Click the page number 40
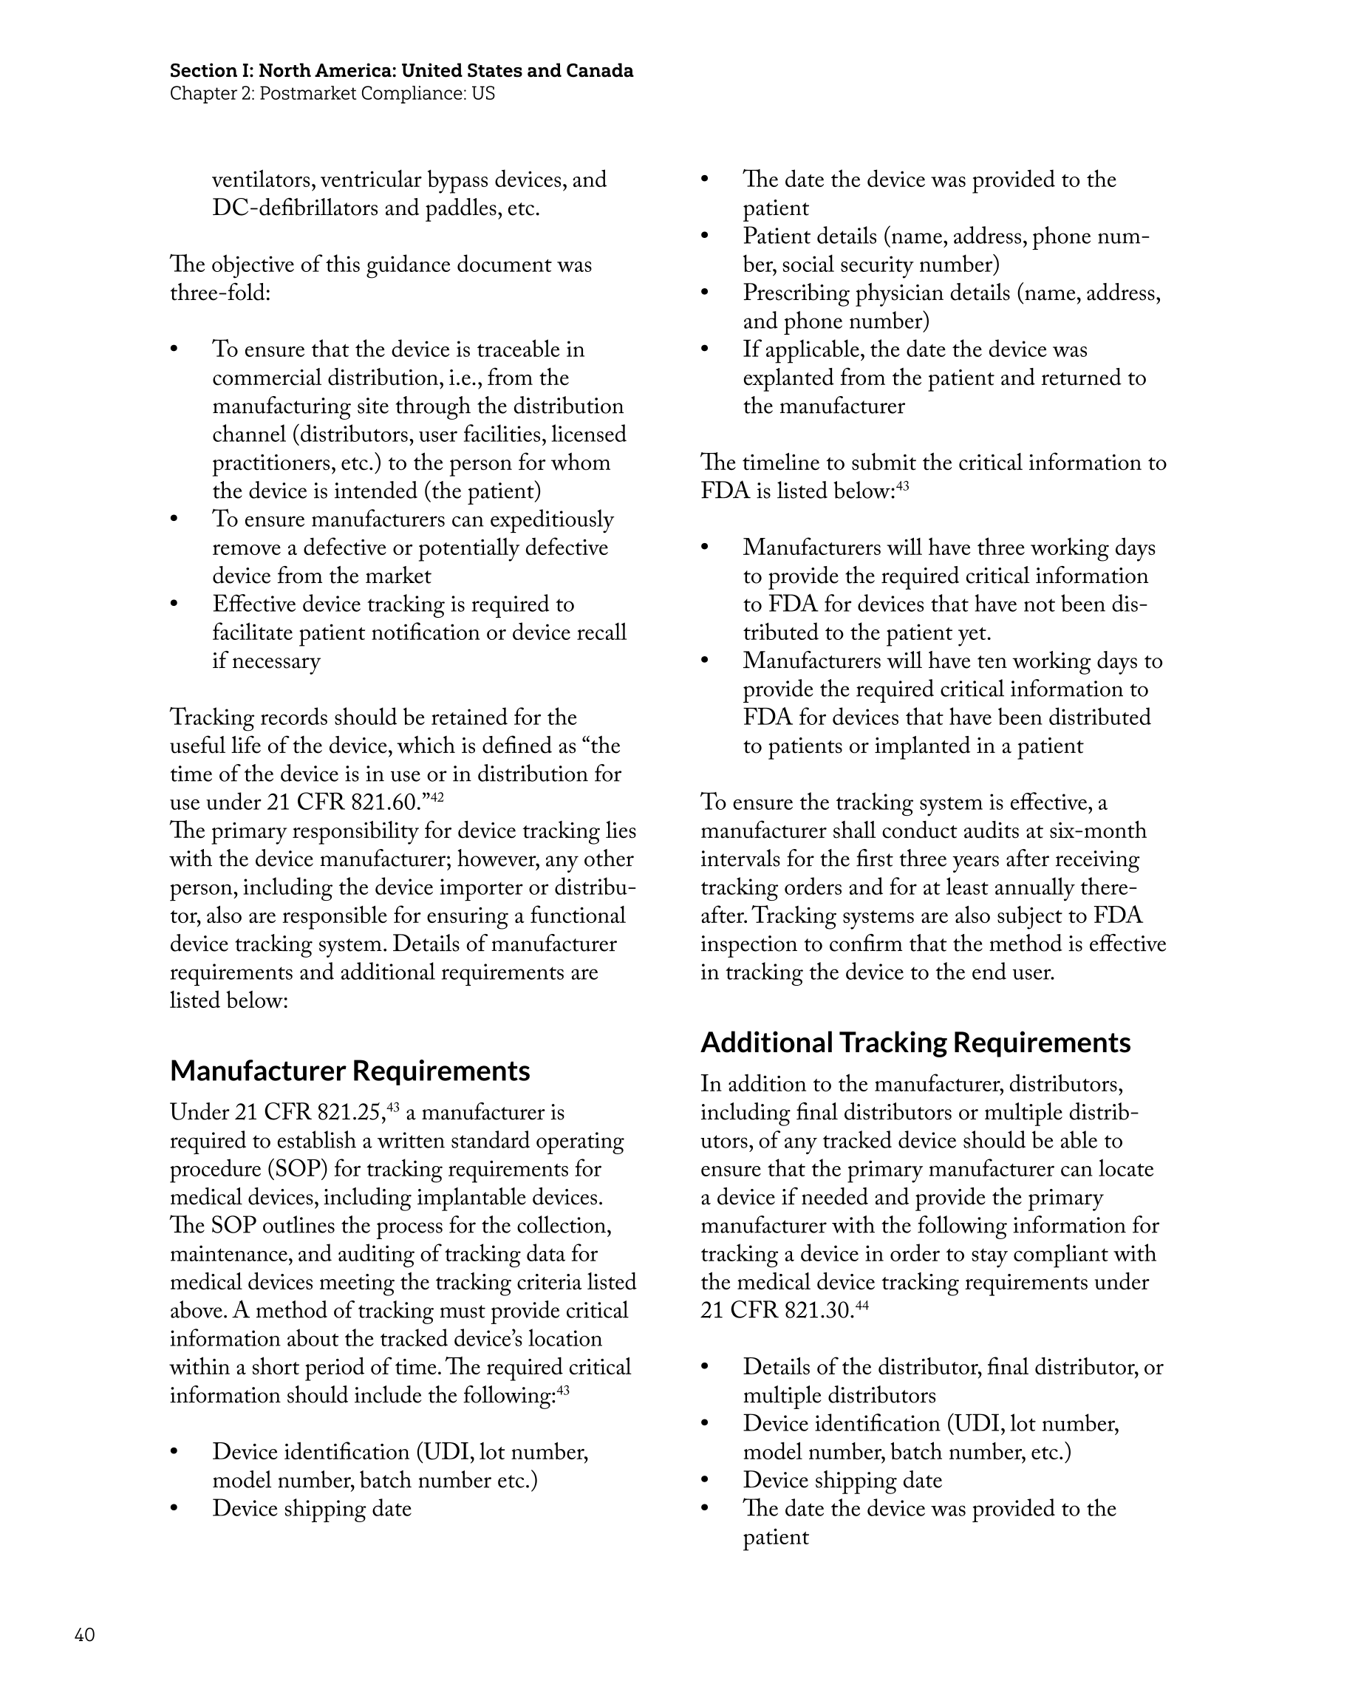point(84,1635)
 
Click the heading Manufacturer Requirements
point(349,1071)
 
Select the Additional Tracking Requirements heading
point(915,1043)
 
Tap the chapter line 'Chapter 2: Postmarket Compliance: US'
point(332,94)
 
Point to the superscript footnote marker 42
point(437,798)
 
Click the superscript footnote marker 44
point(861,1306)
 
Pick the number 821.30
point(819,1312)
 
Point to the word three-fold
point(219,294)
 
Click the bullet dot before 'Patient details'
point(705,236)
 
